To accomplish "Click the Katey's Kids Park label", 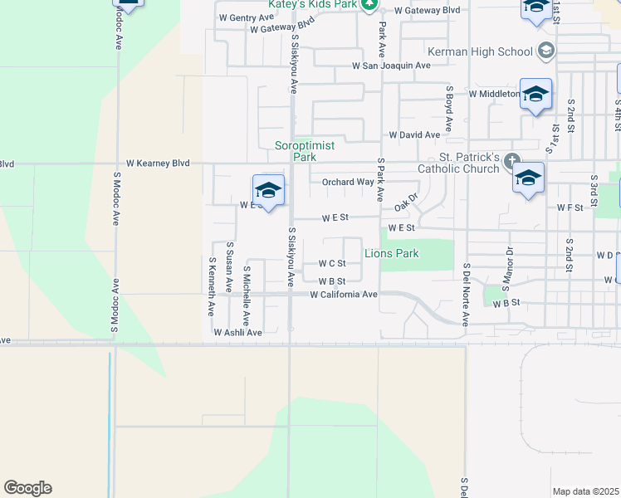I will tap(312, 4).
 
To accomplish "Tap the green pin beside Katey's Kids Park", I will tap(370, 5).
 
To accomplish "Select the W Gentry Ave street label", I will tap(246, 17).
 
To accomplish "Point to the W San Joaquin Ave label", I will tap(391, 65).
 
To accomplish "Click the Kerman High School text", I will tap(491, 51).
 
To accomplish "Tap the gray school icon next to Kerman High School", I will tap(546, 51).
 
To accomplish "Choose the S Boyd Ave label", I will tap(448, 109).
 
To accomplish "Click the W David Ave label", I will tap(414, 134).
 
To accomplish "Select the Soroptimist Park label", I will tap(306, 150).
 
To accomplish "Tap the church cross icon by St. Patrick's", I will tap(512, 162).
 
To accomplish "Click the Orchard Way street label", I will tap(348, 182).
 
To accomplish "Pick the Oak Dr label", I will tap(405, 202).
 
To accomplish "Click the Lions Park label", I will tap(392, 253).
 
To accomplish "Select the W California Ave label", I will tap(344, 295).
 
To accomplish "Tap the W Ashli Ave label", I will tap(237, 332).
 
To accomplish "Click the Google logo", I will tap(27, 488).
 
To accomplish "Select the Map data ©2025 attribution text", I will tap(585, 491).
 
